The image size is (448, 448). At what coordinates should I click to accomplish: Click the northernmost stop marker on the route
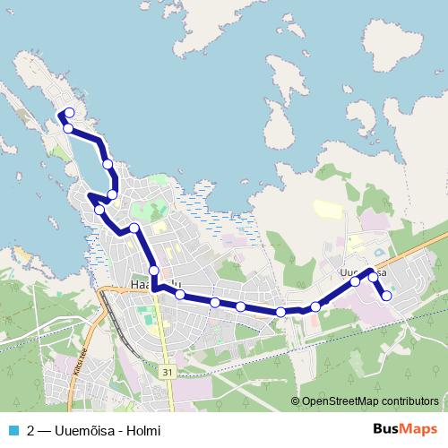click(70, 113)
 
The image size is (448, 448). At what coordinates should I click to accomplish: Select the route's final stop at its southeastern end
click(387, 296)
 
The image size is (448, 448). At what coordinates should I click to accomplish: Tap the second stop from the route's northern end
click(68, 128)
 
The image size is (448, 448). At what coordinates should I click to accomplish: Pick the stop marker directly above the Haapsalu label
click(154, 271)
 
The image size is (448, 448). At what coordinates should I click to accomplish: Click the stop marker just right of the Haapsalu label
click(180, 294)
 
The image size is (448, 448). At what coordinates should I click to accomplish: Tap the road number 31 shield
click(168, 370)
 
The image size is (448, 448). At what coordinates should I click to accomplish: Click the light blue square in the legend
click(14, 429)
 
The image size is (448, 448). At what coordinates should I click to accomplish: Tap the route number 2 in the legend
click(31, 429)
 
